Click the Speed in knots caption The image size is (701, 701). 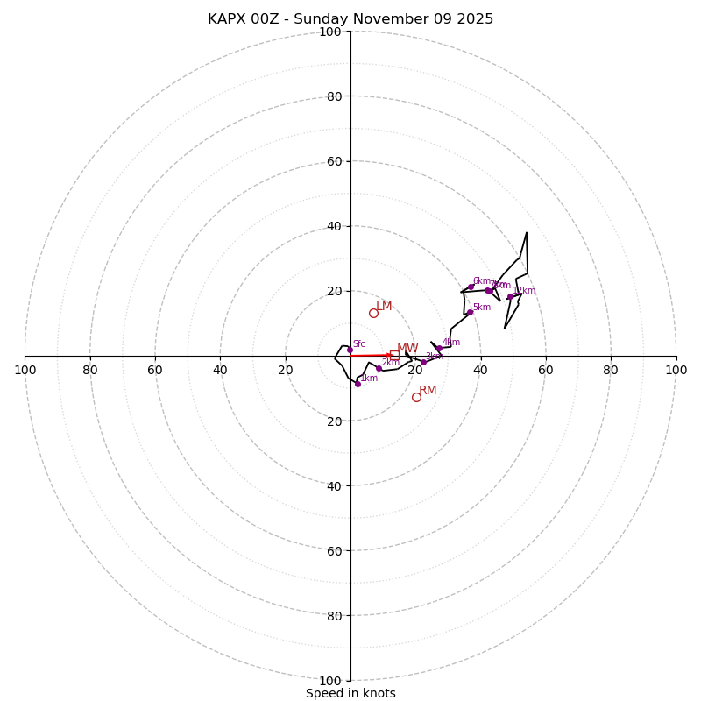350,693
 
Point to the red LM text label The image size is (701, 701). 384,307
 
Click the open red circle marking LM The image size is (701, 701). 373,313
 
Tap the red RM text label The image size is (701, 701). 428,391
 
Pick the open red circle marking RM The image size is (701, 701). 416,397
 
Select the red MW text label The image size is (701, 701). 407,349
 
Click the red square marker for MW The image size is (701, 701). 394,355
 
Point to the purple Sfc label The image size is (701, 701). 359,344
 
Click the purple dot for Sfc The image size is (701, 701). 350,350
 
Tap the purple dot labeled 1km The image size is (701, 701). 358,384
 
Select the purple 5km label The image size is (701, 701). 482,308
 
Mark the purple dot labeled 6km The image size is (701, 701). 471,287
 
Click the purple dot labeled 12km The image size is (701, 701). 510,296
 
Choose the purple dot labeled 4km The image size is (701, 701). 439,349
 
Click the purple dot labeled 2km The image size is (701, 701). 379,368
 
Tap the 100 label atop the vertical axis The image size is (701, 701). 330,32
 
